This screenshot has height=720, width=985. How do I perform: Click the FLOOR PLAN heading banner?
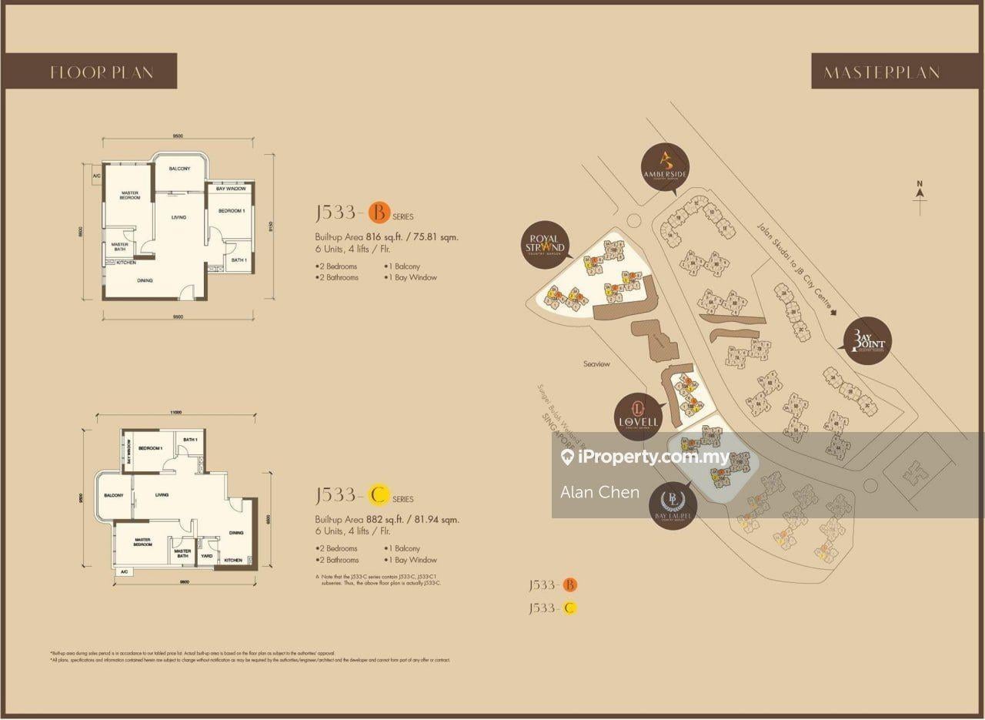(102, 72)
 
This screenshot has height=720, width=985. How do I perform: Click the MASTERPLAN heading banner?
(881, 72)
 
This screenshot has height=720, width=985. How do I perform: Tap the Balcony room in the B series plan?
(179, 169)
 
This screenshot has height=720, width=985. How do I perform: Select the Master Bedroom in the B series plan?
(129, 196)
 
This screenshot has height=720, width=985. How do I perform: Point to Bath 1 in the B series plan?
(239, 260)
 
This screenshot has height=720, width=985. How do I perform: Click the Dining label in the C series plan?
(236, 532)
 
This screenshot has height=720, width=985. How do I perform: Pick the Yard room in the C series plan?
(206, 554)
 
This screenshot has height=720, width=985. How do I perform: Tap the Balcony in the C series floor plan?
(114, 495)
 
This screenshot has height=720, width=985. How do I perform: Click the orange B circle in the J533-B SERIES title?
(378, 210)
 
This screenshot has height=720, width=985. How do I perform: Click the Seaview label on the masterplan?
(596, 363)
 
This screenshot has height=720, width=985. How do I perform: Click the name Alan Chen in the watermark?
(599, 492)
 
